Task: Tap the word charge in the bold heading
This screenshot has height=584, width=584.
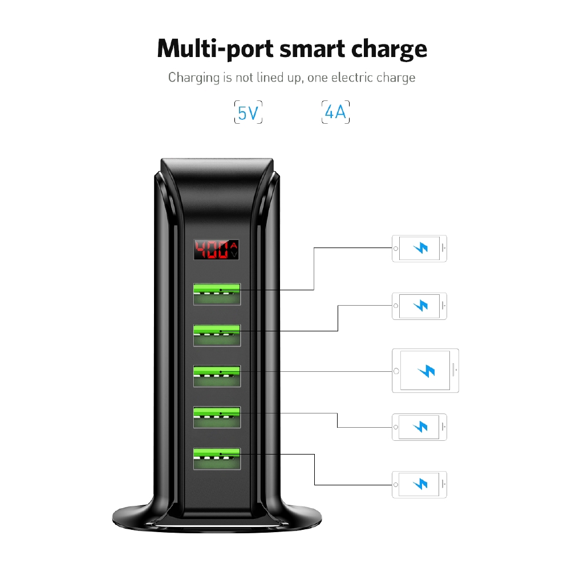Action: tap(389, 49)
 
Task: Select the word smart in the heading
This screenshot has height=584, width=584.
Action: tap(312, 50)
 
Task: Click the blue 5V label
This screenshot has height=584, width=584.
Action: tap(248, 112)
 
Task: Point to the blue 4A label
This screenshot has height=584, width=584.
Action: tap(335, 112)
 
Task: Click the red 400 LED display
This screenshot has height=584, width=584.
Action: tap(216, 249)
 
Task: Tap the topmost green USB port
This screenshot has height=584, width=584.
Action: tap(217, 294)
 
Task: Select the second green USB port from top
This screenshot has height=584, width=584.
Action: tap(217, 335)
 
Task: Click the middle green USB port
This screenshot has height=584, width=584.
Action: tap(217, 376)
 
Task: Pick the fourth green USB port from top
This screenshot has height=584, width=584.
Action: tap(217, 417)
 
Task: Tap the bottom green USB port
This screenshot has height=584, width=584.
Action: tap(217, 459)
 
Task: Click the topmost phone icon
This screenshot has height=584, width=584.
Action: tap(419, 249)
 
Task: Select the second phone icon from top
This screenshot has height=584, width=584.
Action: tap(419, 306)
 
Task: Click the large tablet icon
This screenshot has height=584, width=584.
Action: tap(425, 371)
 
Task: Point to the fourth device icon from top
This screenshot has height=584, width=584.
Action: tap(419, 427)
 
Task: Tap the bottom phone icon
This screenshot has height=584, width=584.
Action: tap(419, 485)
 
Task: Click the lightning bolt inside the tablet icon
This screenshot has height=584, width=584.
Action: tap(426, 371)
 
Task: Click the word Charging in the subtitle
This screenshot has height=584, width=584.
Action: tap(194, 78)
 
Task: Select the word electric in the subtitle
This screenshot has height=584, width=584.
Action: tap(352, 78)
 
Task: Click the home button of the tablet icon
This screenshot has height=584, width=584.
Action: tap(396, 371)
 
